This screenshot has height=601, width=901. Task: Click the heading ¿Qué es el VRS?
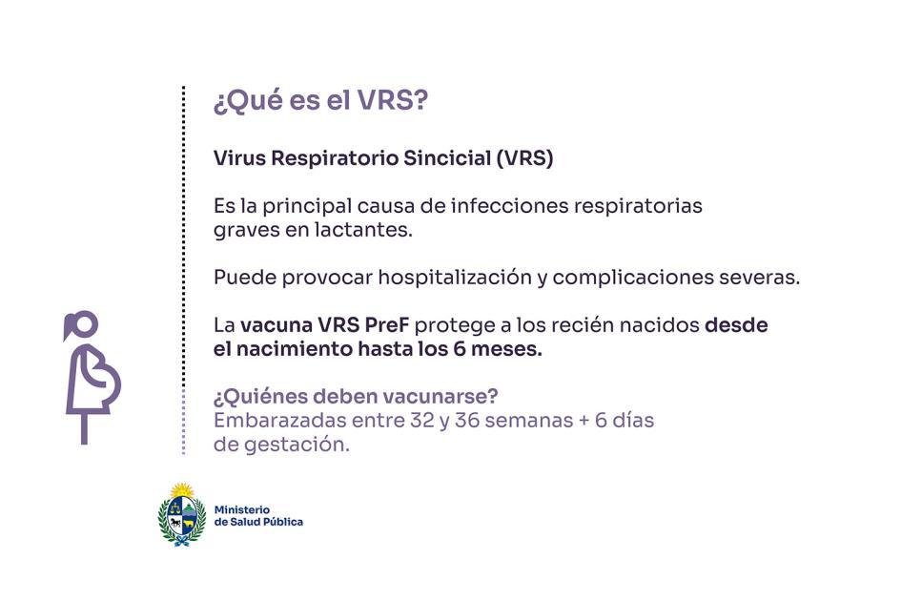pos(320,101)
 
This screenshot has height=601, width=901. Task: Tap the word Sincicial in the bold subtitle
pos(447,157)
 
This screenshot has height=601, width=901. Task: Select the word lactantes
pos(363,230)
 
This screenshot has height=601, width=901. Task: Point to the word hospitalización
pos(455,278)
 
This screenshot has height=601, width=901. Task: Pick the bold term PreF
pos(387,325)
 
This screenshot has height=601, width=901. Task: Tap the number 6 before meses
pos(460,348)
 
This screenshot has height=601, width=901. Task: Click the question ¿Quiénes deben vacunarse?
pos(356,396)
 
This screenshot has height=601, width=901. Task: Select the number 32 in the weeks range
pos(421,421)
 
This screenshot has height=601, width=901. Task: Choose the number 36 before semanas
pos(466,421)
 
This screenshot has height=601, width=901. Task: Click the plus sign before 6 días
pos(584,421)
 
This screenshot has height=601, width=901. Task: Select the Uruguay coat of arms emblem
pos(182,514)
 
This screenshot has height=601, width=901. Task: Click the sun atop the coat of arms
pos(182,490)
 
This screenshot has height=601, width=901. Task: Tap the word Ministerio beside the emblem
pos(242,509)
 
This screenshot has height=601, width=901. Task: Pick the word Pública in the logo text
pos(284,522)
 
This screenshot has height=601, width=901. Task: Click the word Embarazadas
pos(280,421)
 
